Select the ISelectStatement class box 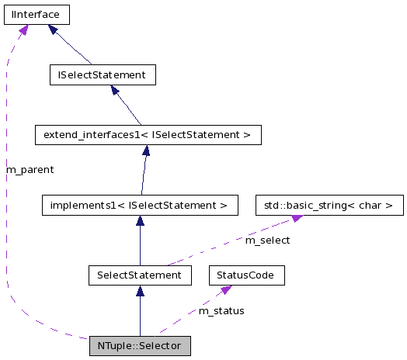[102, 74]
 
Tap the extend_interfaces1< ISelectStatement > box [148, 135]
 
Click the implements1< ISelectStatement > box [139, 206]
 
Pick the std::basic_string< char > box [330, 206]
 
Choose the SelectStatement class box [140, 275]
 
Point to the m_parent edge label [30, 168]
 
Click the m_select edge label [267, 241]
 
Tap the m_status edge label [221, 310]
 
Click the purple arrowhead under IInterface [23, 30]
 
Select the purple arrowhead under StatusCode [226, 289]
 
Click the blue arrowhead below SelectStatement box [140, 291]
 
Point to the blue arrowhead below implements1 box [140, 221]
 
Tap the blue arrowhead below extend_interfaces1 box [145, 151]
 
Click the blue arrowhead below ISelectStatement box [115, 90]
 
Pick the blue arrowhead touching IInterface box [54, 29]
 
